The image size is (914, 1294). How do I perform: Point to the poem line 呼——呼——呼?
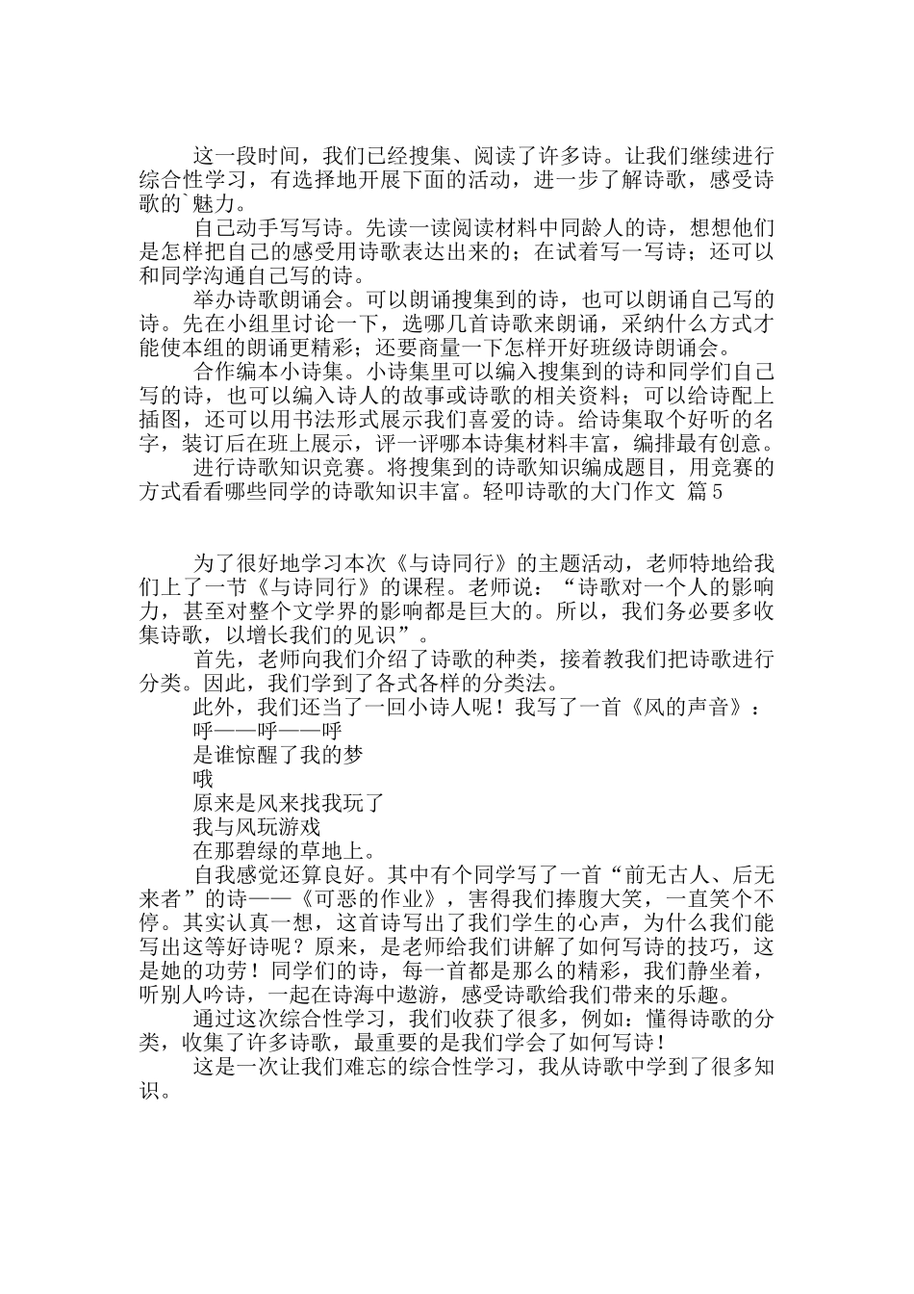click(x=267, y=732)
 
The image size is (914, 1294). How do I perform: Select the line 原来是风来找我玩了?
click(x=289, y=803)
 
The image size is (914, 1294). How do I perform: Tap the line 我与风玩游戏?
click(x=257, y=827)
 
